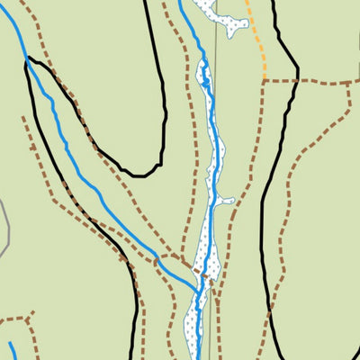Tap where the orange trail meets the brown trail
pos(265,80)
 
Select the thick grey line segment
pos(4,229)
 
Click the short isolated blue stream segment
pos(13,350)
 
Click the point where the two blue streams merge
pos(200,290)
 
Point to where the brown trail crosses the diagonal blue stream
pos(157,261)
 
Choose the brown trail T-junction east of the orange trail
pos(346,82)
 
